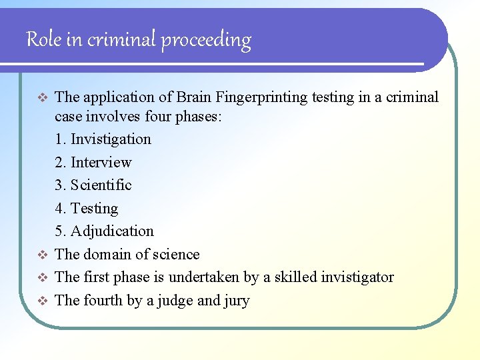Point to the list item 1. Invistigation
tap(103, 139)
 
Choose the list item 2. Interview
tap(93, 163)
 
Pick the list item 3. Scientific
tap(93, 185)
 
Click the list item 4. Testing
tap(87, 209)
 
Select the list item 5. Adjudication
tap(105, 231)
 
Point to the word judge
tap(175, 301)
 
